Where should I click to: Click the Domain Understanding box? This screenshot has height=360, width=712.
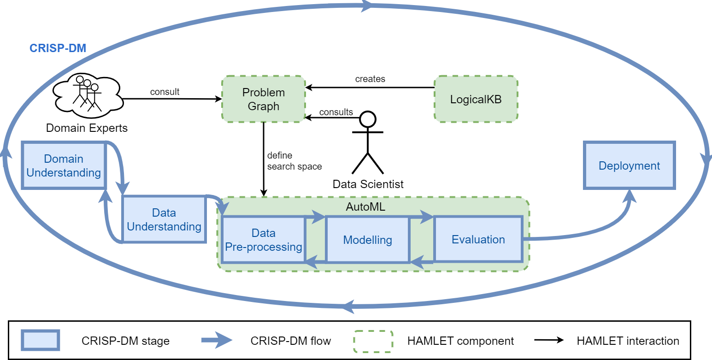(64, 165)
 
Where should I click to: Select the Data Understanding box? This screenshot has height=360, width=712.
(164, 219)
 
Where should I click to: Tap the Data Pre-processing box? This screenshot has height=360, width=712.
(263, 240)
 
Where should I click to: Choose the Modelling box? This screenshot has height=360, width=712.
(367, 240)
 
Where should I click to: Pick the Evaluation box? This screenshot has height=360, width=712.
(478, 239)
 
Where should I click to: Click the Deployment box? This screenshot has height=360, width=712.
(629, 165)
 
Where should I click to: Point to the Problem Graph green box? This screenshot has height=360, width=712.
(263, 99)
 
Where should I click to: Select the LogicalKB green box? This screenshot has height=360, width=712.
(476, 99)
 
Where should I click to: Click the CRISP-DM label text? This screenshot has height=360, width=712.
(58, 48)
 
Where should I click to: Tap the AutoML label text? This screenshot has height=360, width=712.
(365, 207)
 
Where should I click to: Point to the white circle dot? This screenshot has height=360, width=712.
(367, 119)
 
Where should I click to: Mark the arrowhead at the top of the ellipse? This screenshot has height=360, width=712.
(367, 6)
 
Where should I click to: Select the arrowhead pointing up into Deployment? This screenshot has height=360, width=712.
(630, 196)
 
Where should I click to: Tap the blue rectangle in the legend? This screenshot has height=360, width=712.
(41, 340)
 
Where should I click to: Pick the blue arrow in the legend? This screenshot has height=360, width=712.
(217, 340)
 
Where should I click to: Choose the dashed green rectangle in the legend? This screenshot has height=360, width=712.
(373, 341)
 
